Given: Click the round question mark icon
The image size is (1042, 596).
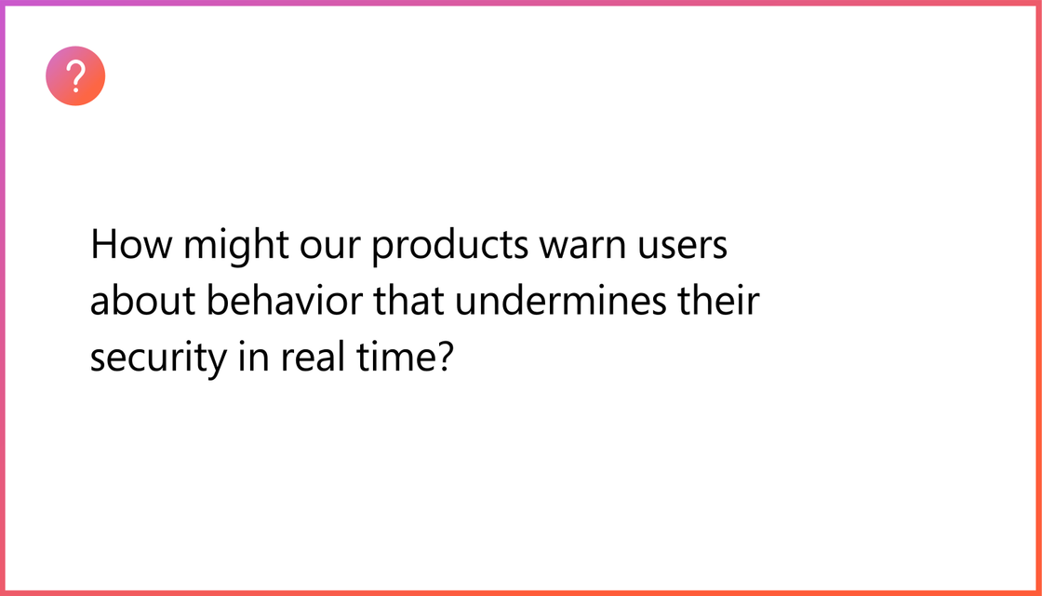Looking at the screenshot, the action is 75,75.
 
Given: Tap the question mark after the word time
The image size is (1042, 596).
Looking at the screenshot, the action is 440,358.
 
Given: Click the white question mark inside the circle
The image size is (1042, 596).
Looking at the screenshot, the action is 76,75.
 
